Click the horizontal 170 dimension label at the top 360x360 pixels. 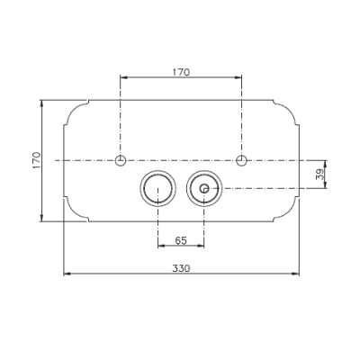[181, 72]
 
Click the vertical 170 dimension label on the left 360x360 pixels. [37, 160]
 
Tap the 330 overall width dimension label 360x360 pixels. [181, 268]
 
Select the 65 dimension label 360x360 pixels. [181, 240]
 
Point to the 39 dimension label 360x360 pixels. [320, 174]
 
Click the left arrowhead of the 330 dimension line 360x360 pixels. [67, 274]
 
